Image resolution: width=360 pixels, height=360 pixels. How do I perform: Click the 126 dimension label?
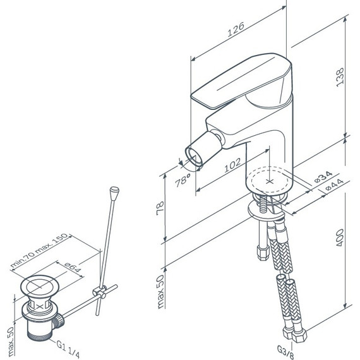coord(236,30)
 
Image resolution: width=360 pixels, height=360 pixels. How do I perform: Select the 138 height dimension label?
coord(340,77)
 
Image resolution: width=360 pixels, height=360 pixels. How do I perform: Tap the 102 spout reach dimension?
coord(232,165)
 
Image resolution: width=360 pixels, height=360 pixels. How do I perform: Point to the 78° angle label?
coord(183,180)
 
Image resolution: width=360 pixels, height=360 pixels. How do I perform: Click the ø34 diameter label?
coord(323,177)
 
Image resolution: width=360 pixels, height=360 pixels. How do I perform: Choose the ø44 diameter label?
coord(335,185)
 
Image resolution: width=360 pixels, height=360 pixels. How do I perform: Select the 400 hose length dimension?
coord(340,237)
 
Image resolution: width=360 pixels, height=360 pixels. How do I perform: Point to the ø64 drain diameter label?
coord(73,268)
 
